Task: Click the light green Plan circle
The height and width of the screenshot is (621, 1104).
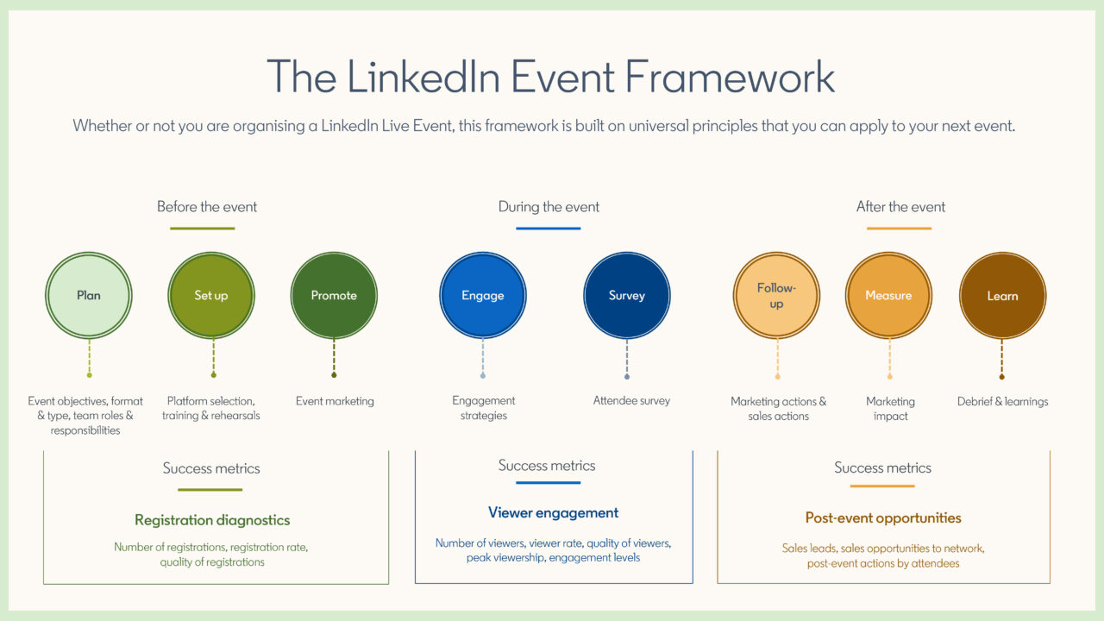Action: point(88,295)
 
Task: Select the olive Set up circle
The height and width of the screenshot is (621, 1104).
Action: point(211,295)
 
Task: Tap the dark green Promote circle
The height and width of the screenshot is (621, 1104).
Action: point(334,295)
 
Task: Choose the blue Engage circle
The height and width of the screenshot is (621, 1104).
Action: point(482,295)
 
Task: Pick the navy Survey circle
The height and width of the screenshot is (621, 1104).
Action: point(627,295)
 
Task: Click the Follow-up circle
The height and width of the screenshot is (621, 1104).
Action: point(776,295)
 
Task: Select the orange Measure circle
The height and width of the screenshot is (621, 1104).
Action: point(888,295)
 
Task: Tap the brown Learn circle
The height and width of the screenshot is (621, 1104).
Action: point(1002,295)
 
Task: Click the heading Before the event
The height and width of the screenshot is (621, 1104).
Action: point(207,207)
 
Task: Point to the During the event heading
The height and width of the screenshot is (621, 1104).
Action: point(549,207)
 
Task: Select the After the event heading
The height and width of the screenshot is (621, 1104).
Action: point(900,207)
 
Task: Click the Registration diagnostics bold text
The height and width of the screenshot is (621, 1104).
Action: point(212,520)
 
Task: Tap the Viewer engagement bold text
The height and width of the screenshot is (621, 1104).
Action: point(553,512)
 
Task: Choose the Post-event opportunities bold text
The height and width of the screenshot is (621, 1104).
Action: point(883,517)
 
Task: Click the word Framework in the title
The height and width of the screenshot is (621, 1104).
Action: point(730,77)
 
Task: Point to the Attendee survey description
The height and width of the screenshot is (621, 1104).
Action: point(631,400)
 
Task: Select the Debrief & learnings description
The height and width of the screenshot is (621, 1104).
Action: point(1002,401)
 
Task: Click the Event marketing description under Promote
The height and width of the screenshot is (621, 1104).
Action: point(335,400)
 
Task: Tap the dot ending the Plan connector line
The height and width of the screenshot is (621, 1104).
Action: point(89,374)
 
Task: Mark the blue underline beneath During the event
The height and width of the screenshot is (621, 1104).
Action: point(549,229)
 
